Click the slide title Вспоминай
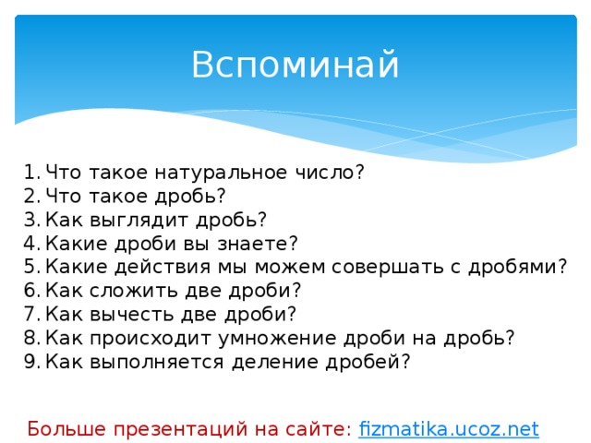pos(295,66)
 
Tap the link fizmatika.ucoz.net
pos(448,428)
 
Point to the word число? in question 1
pos(334,172)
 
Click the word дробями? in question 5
pos(518,268)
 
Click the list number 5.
pos(31,268)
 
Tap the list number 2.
pos(31,196)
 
